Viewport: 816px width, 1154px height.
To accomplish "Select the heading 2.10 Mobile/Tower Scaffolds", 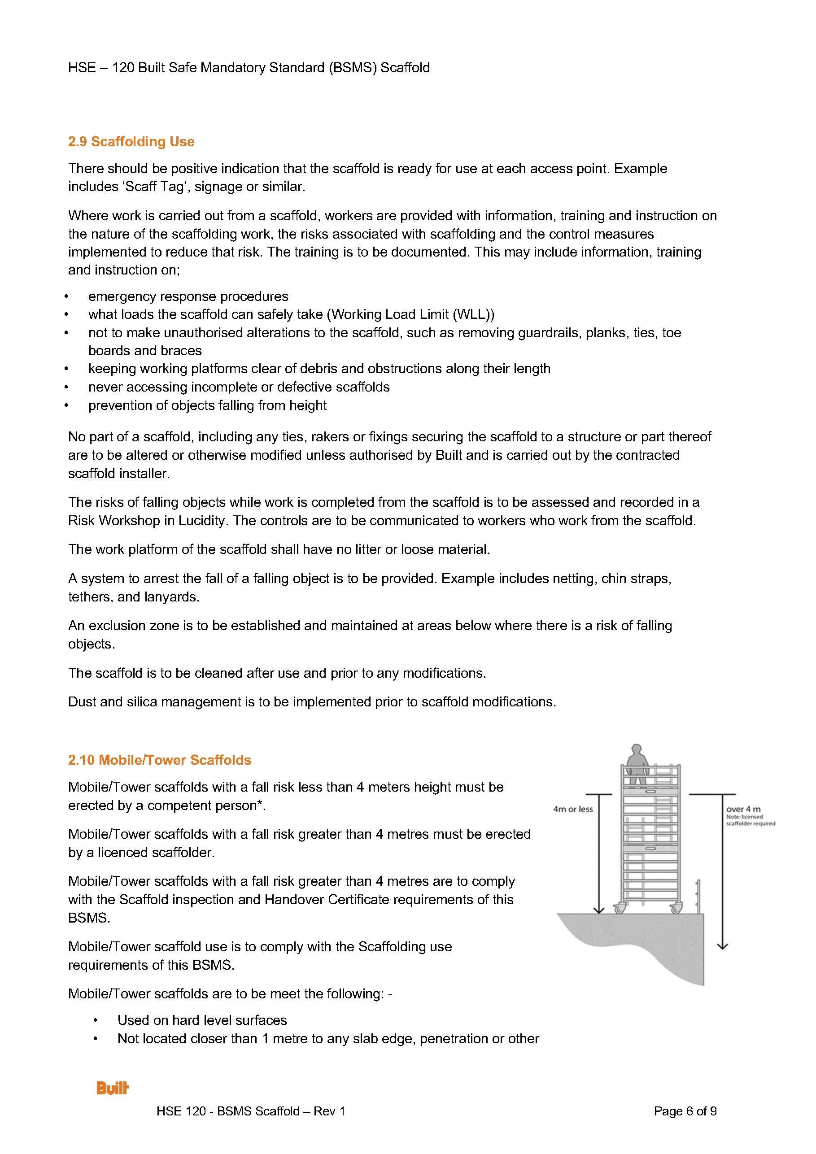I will click(159, 759).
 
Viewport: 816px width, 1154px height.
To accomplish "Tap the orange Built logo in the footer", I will click(113, 1088).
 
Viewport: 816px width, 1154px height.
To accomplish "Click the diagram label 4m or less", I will click(573, 809).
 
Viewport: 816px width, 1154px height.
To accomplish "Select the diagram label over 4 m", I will click(743, 809).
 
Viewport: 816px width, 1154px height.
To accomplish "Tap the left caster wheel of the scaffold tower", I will click(619, 908).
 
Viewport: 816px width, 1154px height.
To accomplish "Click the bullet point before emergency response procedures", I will click(66, 296).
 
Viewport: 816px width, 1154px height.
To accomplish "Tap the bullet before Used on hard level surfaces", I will click(95, 1020).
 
